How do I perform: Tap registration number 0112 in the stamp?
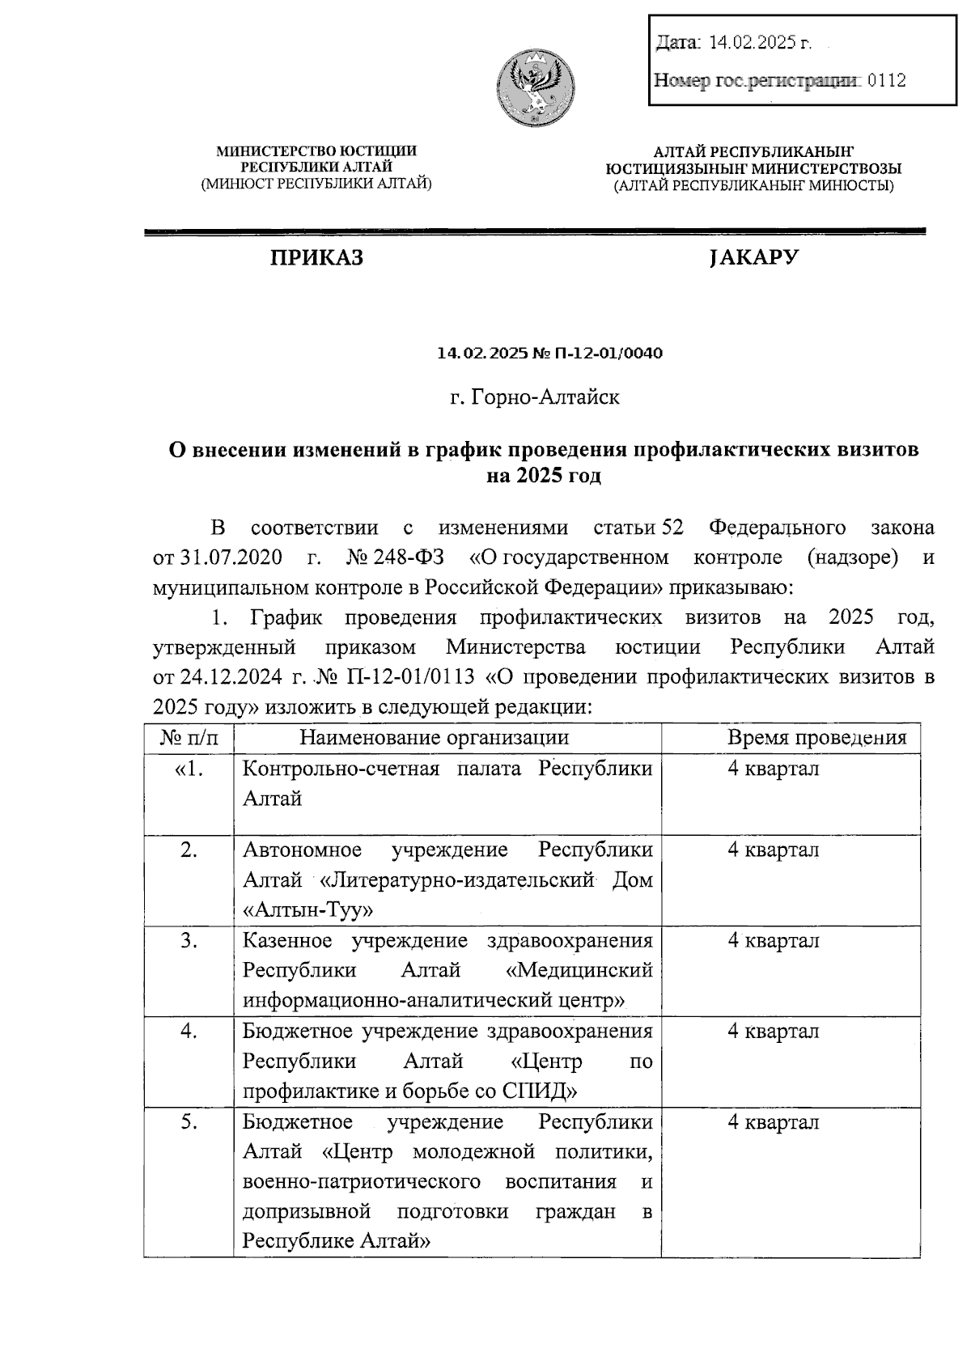coord(886,80)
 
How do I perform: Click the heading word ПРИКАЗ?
coord(316,257)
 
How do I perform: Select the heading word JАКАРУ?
coord(753,257)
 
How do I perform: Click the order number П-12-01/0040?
coord(608,354)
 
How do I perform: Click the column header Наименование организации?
coord(434,737)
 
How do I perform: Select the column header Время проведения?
coord(816,737)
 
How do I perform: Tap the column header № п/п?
coord(189,737)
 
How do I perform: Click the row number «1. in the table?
coord(189,769)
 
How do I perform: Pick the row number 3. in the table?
coord(189,940)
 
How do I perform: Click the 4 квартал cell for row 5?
coord(773,1122)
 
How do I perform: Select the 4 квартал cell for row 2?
coord(773,850)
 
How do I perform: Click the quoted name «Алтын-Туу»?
coord(308,909)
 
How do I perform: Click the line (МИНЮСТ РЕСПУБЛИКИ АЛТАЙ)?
coord(316,184)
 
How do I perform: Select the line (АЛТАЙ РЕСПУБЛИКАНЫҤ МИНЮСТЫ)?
coord(753,185)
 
